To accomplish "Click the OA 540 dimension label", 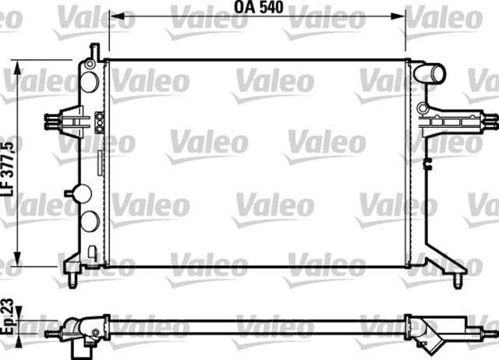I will [258, 7].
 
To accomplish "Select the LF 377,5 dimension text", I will [9, 167].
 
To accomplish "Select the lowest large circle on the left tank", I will [90, 221].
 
